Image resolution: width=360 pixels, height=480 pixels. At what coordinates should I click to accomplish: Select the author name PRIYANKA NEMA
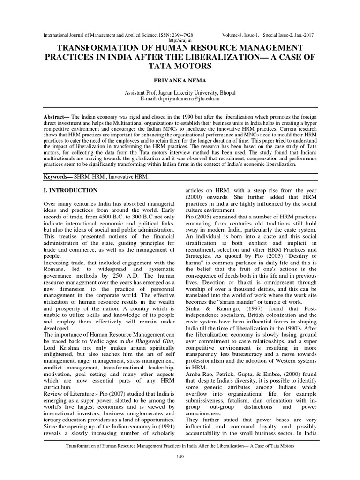(180, 81)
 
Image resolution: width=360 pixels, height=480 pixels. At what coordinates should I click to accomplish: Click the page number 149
(180, 457)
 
